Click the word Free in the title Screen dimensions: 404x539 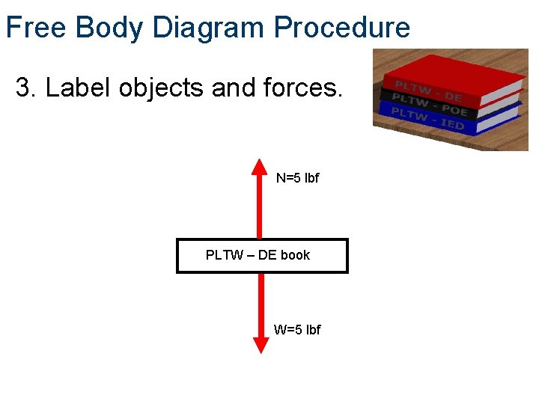[37, 28]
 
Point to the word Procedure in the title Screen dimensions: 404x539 [341, 28]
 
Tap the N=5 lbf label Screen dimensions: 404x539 [297, 178]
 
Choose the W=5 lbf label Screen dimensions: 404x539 [297, 329]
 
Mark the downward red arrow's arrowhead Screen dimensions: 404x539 [261, 344]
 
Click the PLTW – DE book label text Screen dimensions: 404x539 [258, 255]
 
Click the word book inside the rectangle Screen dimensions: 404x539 [295, 255]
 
